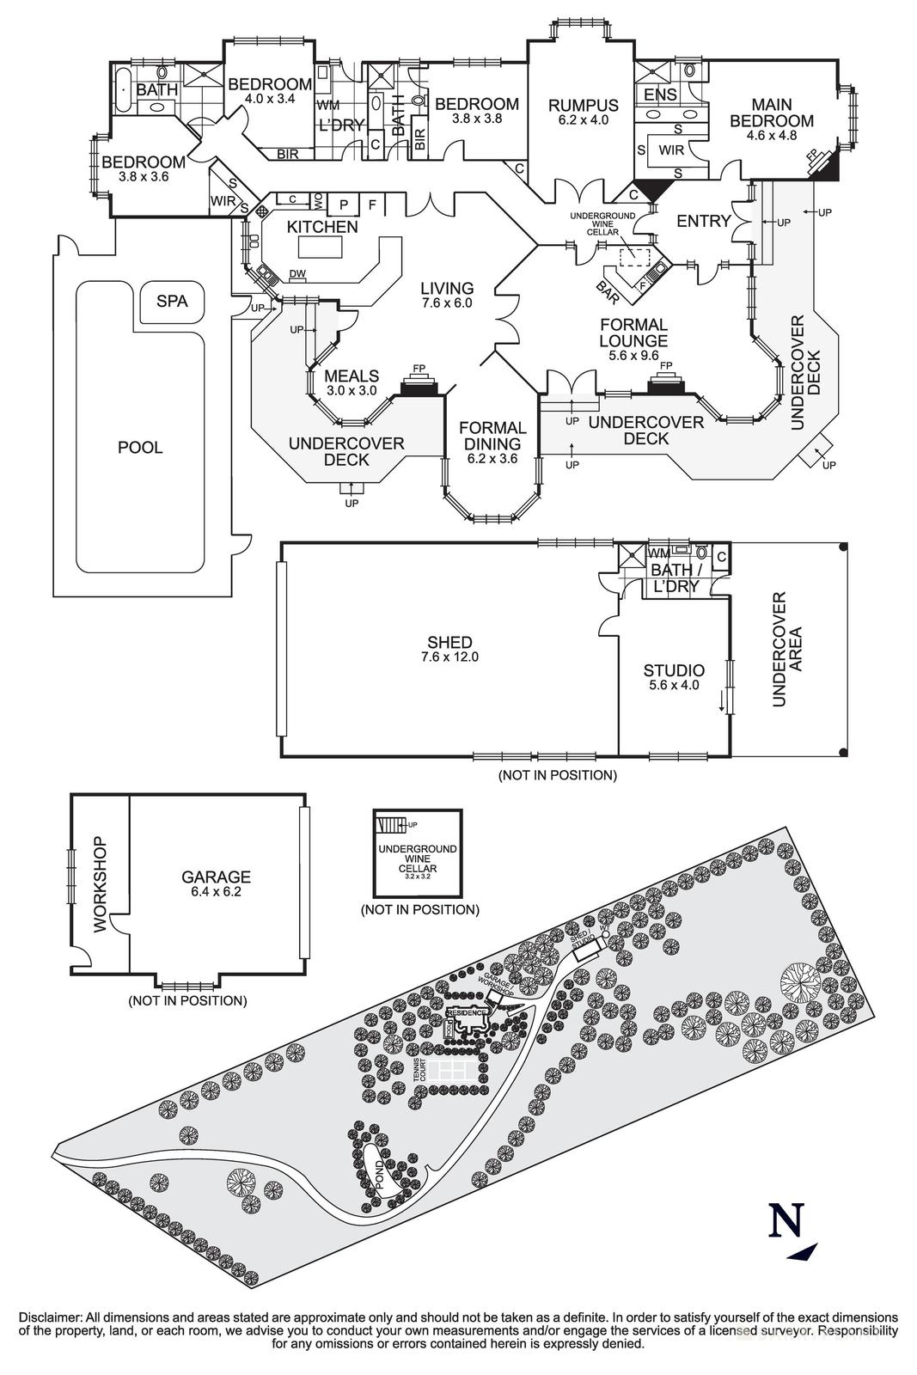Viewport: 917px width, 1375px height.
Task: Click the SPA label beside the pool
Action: pyautogui.click(x=172, y=302)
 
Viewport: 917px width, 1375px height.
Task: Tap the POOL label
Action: pyautogui.click(x=140, y=448)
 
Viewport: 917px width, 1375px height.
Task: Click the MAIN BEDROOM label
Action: pyautogui.click(x=771, y=113)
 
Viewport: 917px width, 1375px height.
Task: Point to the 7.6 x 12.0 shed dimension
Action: pyautogui.click(x=449, y=657)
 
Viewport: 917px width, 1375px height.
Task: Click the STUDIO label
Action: pyautogui.click(x=674, y=670)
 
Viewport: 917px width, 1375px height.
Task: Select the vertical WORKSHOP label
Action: pyautogui.click(x=100, y=884)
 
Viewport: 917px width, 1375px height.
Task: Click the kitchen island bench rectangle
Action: pyautogui.click(x=321, y=247)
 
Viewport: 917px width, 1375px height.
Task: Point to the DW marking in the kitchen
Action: pyautogui.click(x=297, y=274)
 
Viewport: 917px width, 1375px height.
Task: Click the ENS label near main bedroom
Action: pyautogui.click(x=660, y=95)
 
